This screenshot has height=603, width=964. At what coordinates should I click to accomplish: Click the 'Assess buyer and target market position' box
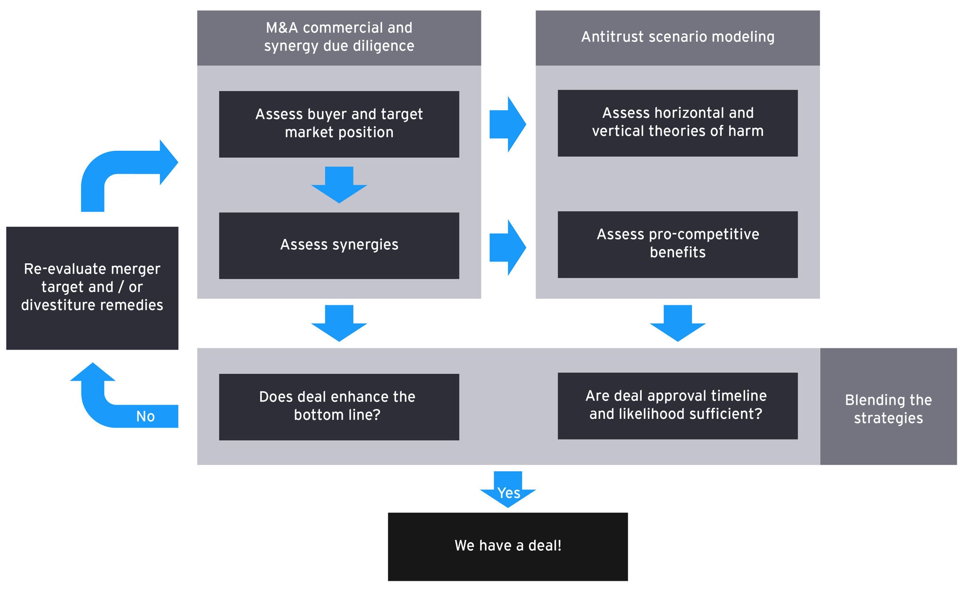tap(339, 124)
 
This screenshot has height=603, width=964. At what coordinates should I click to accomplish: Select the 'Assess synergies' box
tap(339, 245)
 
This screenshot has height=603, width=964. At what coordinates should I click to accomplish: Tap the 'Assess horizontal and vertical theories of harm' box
tap(677, 123)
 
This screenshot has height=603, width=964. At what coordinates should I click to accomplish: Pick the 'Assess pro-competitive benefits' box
tap(677, 244)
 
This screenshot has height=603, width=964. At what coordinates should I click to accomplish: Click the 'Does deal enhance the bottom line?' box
tap(339, 407)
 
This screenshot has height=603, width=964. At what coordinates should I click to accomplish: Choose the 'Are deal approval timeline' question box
tap(677, 406)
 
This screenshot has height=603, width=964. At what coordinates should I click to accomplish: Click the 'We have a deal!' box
tap(507, 546)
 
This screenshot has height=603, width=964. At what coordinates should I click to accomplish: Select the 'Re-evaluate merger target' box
tap(92, 288)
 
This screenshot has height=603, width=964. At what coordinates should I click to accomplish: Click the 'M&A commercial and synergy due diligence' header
tap(339, 38)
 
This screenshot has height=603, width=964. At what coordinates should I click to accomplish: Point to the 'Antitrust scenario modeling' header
tap(677, 38)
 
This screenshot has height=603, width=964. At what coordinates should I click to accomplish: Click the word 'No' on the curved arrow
tap(145, 416)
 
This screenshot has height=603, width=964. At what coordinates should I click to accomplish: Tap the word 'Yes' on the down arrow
tap(508, 493)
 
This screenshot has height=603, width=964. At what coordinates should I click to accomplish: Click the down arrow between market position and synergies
tap(339, 184)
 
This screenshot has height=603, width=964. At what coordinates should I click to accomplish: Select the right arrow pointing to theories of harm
tap(507, 124)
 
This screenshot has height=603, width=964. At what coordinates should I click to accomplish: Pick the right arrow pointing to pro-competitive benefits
tap(507, 247)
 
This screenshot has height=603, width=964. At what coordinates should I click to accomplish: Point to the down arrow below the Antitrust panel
tap(677, 323)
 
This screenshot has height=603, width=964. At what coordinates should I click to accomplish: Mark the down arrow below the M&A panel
tap(339, 323)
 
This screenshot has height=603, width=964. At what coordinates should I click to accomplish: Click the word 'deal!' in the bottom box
tap(545, 546)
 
